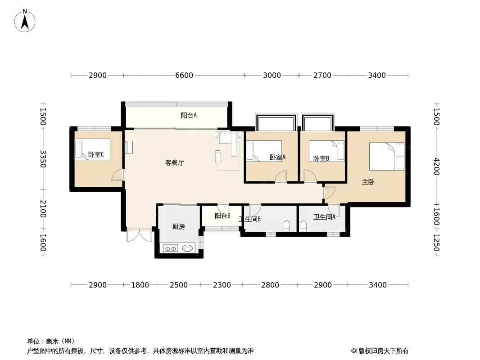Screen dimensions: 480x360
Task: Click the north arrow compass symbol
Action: point(25,21)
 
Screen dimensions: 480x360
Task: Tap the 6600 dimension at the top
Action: point(184,75)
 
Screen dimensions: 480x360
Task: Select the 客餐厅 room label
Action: point(175,163)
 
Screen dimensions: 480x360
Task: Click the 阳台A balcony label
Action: point(189,116)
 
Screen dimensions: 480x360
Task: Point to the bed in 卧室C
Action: point(92,149)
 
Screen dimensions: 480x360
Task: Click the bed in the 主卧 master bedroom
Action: point(387,156)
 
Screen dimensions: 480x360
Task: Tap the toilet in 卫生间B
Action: point(286,226)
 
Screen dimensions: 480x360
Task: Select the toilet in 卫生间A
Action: point(303,226)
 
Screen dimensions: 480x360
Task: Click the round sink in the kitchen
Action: point(188,248)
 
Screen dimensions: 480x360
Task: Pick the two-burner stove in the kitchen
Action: point(171,248)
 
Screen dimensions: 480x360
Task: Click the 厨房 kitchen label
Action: point(178,227)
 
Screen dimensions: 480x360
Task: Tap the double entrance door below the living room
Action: point(139,235)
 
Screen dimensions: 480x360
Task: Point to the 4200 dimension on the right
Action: point(436,166)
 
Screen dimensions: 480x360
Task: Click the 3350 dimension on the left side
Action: point(43,159)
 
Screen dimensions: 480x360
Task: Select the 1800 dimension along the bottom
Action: point(140,285)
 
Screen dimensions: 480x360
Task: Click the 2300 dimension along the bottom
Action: point(222,285)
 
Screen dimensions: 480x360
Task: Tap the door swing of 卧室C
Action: point(118,175)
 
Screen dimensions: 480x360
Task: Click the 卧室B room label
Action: point(321,159)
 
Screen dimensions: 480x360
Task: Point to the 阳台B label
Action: point(222,216)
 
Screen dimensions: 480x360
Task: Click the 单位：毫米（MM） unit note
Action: point(51,342)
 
